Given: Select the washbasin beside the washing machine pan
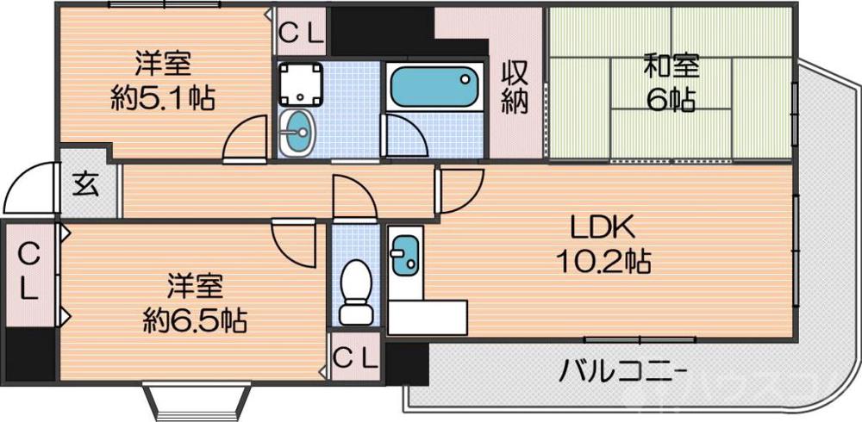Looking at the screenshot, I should pyautogui.click(x=300, y=132).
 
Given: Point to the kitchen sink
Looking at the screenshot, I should pyautogui.click(x=404, y=255).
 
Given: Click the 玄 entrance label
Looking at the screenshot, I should pyautogui.click(x=84, y=185).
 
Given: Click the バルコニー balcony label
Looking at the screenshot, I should pyautogui.click(x=623, y=373).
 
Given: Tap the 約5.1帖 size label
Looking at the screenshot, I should pyautogui.click(x=163, y=96).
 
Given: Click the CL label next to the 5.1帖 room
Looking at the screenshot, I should pyautogui.click(x=301, y=34).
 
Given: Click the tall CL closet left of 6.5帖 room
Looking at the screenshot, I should pyautogui.click(x=28, y=271).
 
